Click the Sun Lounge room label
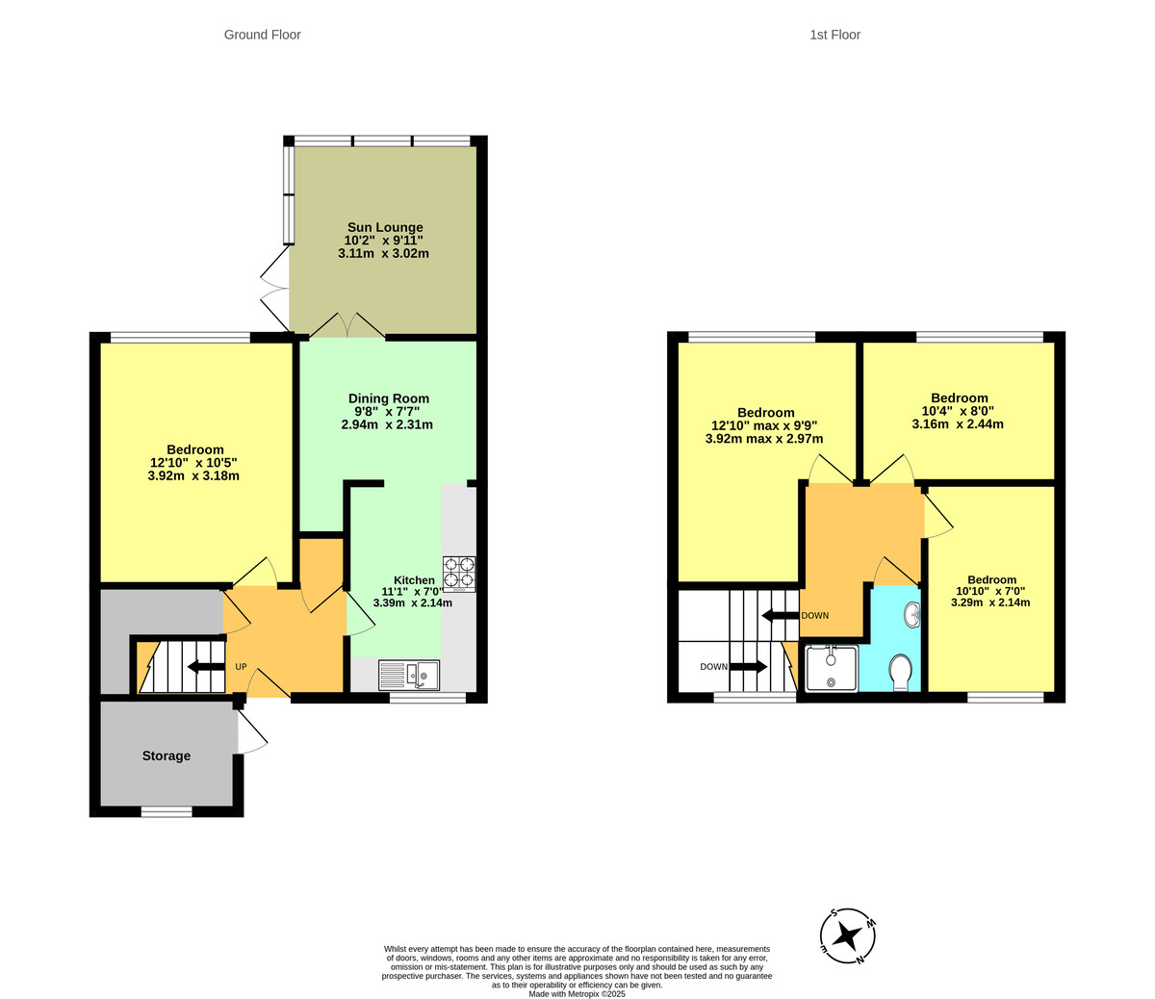pyautogui.click(x=384, y=228)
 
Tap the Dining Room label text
pyautogui.click(x=388, y=398)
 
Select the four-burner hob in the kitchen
pyautogui.click(x=459, y=574)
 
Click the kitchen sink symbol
pyautogui.click(x=409, y=675)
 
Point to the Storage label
pyautogui.click(x=167, y=756)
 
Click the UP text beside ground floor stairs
pyautogui.click(x=242, y=667)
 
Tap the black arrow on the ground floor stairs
pyautogui.click(x=205, y=667)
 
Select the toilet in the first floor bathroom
pyautogui.click(x=901, y=673)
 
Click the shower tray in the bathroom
pyautogui.click(x=830, y=669)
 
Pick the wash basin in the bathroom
pyautogui.click(x=911, y=613)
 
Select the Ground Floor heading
pyautogui.click(x=262, y=35)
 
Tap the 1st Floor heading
pyautogui.click(x=834, y=35)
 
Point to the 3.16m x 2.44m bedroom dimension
pyautogui.click(x=959, y=423)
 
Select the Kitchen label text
pyautogui.click(x=414, y=580)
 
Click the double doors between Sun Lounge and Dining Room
pyautogui.click(x=347, y=325)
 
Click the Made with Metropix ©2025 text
pyautogui.click(x=577, y=994)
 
